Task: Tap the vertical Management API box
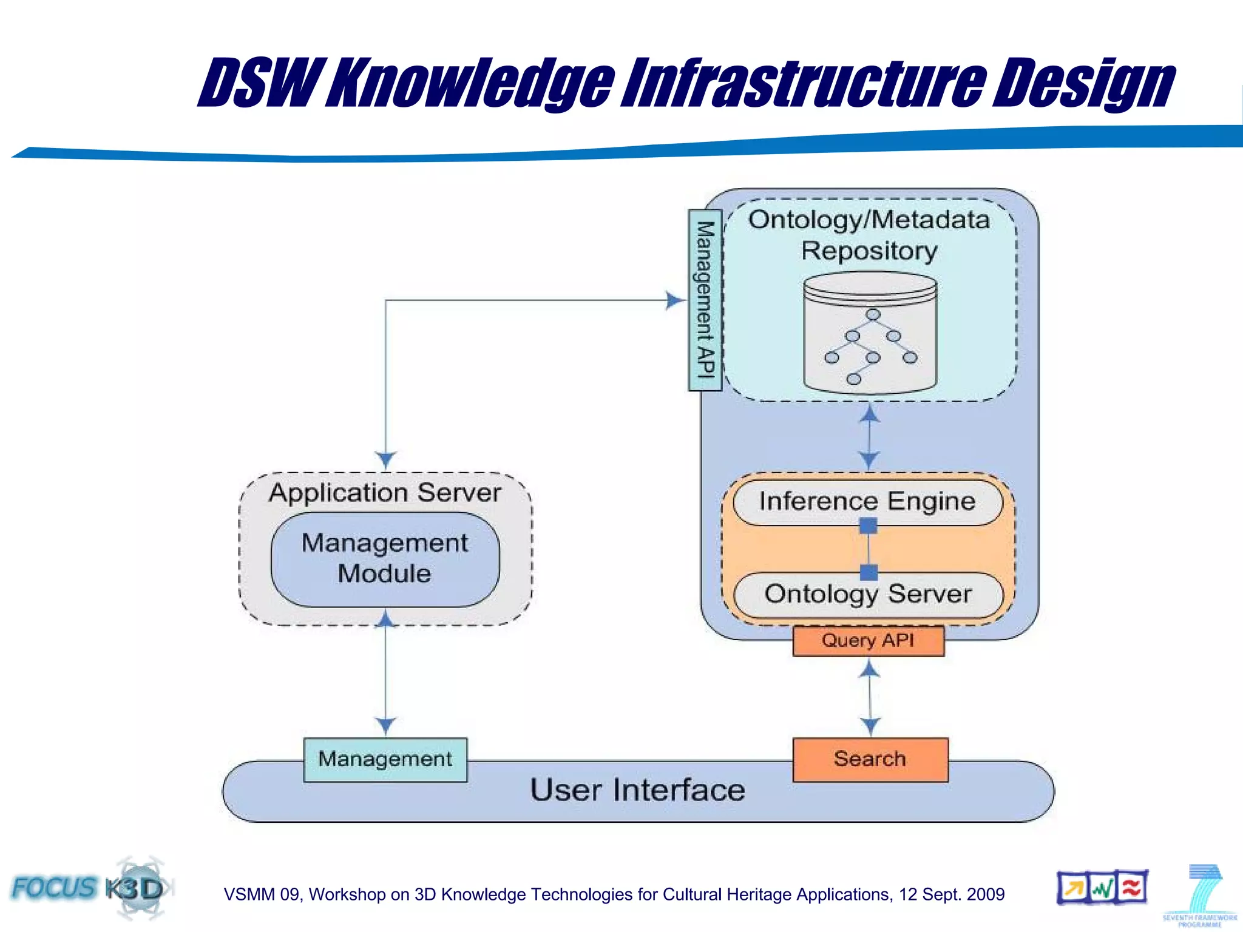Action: coord(705,300)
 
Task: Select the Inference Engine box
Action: coord(867,501)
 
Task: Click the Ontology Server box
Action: coord(867,594)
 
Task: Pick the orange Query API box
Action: coord(868,641)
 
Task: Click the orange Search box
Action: coord(870,759)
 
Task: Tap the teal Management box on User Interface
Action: coord(385,759)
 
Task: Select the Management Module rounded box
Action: coord(385,559)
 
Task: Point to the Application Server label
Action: coord(385,492)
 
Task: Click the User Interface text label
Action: coord(637,790)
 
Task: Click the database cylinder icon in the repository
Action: coord(870,333)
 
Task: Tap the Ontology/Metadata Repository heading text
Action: coord(869,235)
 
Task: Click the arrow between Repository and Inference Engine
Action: coord(870,437)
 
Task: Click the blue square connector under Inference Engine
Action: coord(869,525)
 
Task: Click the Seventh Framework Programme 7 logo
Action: coord(1200,894)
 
